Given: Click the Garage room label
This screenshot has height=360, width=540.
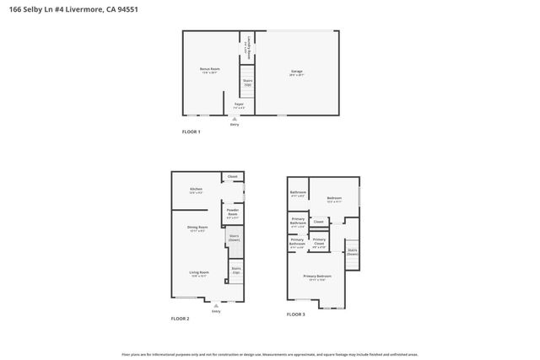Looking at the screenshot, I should pos(297,72).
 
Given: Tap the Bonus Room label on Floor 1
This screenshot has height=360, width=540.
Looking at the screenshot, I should pos(209,70).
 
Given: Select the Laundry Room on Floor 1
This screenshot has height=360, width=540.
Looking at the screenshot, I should pos(246,48).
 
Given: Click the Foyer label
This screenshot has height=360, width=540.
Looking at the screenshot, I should pos(239,106).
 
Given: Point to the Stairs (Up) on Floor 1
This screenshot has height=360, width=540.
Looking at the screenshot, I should pos(247,82).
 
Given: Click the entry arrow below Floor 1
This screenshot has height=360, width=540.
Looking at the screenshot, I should pos(234,120).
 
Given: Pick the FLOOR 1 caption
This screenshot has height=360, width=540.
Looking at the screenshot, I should pos(191,132).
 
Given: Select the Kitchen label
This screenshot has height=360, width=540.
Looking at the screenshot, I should pos(196,191).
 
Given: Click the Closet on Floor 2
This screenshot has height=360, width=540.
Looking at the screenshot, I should pos(232,176).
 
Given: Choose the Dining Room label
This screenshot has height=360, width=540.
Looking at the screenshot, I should pos(197,228).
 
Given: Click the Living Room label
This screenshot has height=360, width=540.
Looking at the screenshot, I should pos(198,274).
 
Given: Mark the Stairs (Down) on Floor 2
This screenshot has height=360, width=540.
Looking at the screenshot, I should pos(235,239).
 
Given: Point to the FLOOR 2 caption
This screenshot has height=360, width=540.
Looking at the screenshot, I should pos(180,318).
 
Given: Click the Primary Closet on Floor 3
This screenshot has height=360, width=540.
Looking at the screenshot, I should pos(319,242).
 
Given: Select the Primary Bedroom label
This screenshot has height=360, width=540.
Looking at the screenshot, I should pos(317,277).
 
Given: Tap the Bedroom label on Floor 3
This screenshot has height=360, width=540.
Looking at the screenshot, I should pos(333,200).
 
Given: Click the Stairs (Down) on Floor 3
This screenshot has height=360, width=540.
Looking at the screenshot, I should pos(353,251).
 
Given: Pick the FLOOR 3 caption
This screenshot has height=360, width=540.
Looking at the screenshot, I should pos(296,314).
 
